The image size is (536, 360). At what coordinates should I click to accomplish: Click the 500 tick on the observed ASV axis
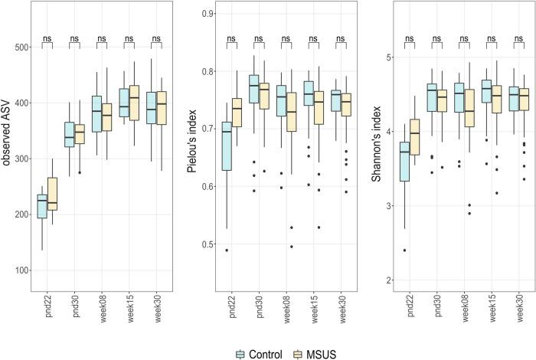click(x=23, y=47)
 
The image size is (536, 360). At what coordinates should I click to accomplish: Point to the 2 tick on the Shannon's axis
click(x=388, y=280)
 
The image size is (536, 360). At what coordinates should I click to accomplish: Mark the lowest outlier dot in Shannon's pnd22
click(x=404, y=250)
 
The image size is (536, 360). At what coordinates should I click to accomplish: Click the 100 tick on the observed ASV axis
click(x=23, y=270)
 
